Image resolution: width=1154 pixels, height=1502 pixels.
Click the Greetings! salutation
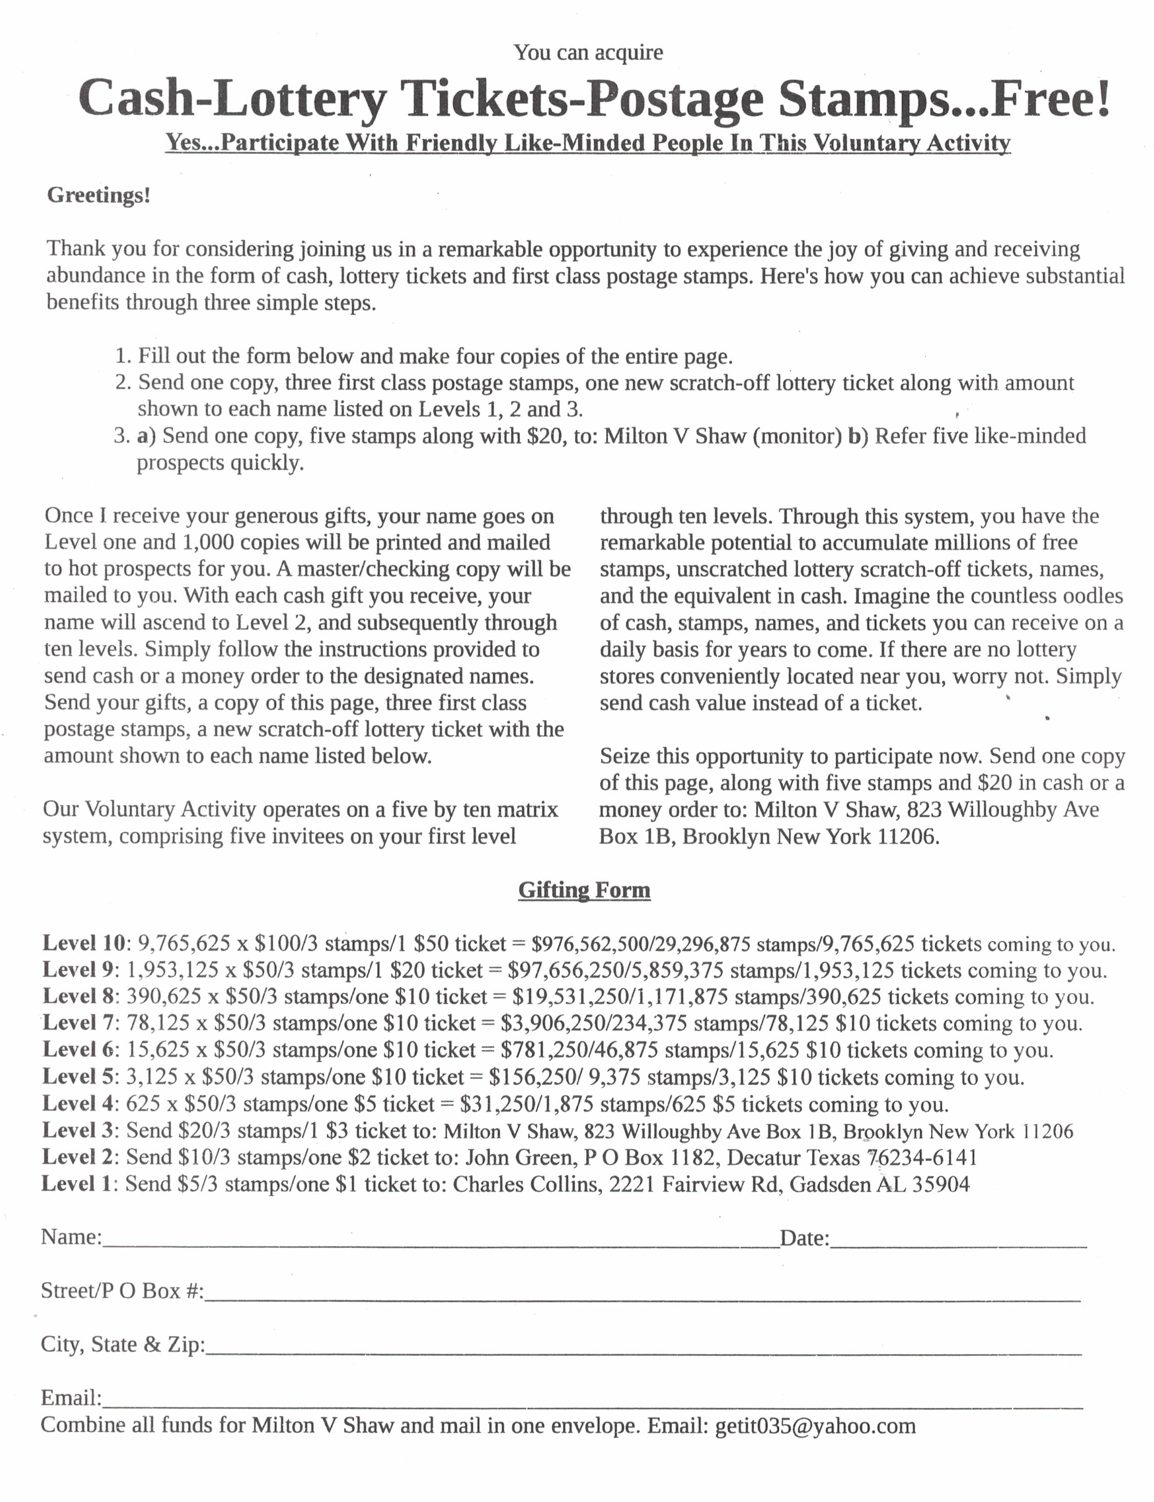point(98,196)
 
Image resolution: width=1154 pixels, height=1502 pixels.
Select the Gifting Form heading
point(584,890)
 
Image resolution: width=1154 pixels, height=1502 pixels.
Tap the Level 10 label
point(84,943)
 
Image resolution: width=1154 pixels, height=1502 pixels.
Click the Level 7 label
point(78,1023)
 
